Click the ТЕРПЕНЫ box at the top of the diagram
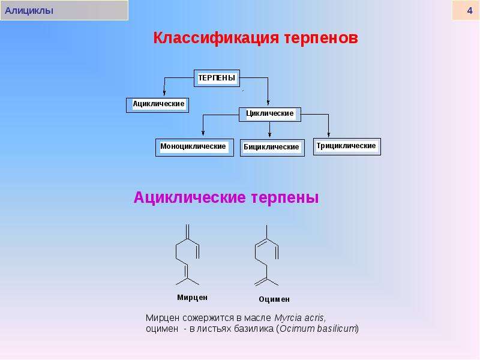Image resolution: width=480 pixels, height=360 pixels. (x=217, y=78)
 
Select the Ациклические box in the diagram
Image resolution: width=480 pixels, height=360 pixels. (x=157, y=105)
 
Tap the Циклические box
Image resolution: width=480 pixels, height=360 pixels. (x=269, y=114)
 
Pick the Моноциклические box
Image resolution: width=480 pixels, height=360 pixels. (x=194, y=148)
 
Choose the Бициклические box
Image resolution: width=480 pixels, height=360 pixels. (x=272, y=148)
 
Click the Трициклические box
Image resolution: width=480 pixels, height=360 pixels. (x=347, y=146)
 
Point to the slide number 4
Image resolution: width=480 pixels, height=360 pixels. (x=470, y=11)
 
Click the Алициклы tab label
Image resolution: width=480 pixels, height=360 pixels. (x=29, y=11)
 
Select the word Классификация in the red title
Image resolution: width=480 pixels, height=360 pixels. (x=216, y=38)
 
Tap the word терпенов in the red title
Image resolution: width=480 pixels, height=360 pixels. (x=321, y=38)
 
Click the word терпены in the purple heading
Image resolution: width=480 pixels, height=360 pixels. (x=285, y=198)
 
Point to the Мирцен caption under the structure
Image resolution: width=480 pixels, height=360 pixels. (x=192, y=298)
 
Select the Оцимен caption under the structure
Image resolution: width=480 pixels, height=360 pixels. (x=274, y=299)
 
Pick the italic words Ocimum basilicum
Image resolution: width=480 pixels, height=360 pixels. (x=318, y=329)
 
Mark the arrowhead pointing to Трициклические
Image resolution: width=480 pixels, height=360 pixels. (x=328, y=134)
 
